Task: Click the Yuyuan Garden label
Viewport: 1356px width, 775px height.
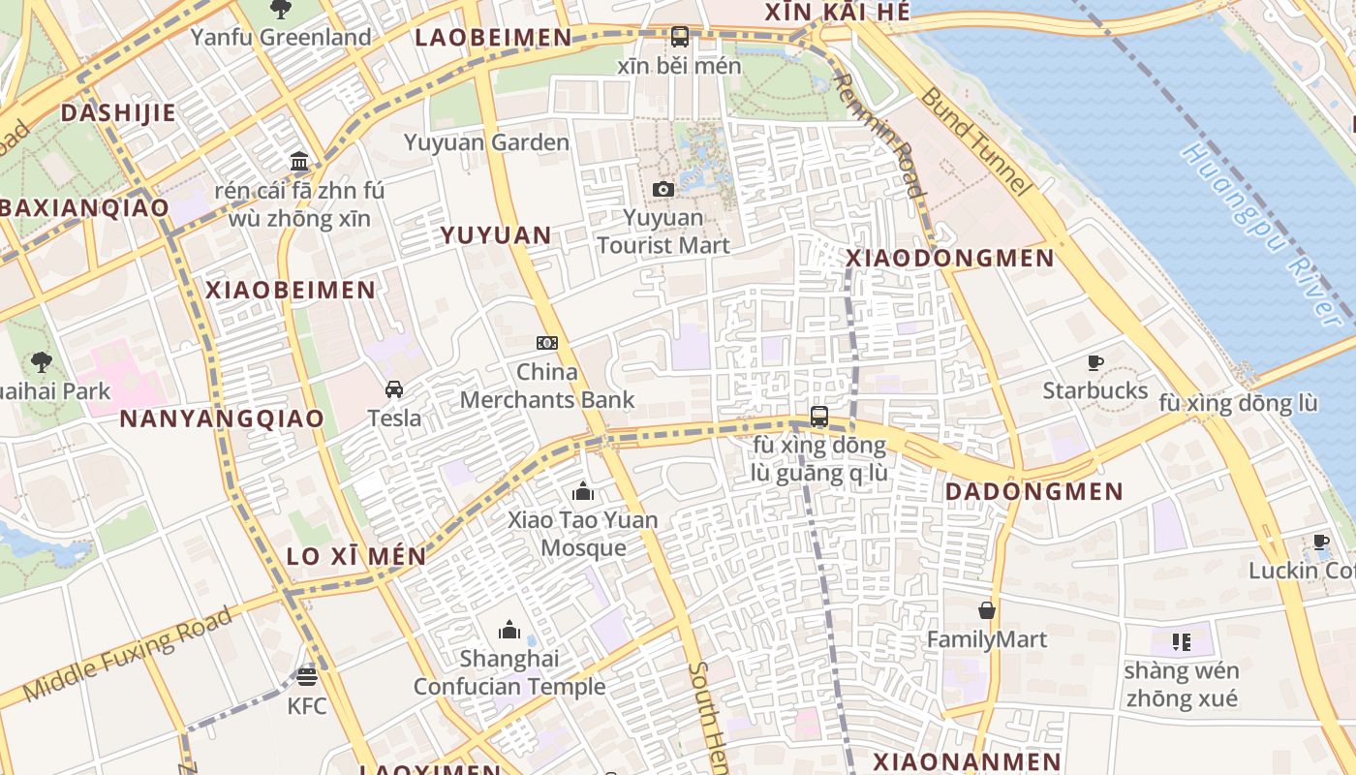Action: pos(486,142)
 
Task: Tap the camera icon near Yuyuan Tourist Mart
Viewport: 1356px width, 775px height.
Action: pos(663,189)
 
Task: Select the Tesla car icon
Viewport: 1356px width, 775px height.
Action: pos(394,389)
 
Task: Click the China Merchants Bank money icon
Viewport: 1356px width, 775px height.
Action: pos(547,343)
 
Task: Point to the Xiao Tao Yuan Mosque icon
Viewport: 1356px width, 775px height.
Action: pos(583,491)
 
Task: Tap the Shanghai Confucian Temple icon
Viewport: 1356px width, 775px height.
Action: pos(509,630)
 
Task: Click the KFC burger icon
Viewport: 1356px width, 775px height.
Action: pos(307,676)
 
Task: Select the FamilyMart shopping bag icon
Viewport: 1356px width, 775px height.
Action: pos(986,610)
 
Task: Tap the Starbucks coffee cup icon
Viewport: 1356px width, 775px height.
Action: pos(1095,362)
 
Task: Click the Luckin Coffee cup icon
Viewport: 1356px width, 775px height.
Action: pos(1320,542)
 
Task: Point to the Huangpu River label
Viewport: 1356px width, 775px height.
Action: pos(1260,232)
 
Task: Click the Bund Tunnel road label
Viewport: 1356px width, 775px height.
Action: pos(974,140)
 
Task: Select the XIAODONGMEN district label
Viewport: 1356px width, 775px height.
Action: pos(949,259)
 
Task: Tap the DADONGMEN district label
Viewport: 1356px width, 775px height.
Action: pos(1033,491)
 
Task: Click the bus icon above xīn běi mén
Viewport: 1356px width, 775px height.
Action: pos(680,37)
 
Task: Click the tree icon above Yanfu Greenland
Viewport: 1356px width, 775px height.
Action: pos(281,9)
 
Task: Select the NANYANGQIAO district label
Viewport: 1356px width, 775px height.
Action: pos(222,418)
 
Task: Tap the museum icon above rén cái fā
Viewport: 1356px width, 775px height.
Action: pos(299,161)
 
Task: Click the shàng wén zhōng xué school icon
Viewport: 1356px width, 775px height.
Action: pos(1181,641)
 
